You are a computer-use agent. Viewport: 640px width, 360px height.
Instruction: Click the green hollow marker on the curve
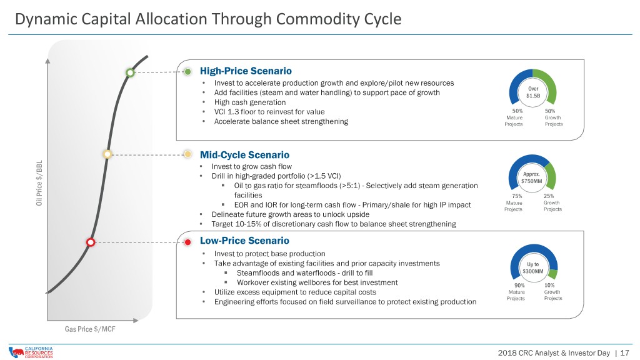tap(130, 72)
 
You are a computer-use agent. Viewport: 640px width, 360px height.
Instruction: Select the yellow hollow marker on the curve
tap(107, 154)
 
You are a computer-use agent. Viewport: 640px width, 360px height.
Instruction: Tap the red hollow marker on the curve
tap(91, 242)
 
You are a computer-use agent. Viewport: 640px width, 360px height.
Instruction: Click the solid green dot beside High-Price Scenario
tap(187, 72)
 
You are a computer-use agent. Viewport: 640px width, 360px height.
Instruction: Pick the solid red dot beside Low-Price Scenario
tap(187, 242)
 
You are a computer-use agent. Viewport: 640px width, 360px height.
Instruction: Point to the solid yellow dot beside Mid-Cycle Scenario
tap(187, 154)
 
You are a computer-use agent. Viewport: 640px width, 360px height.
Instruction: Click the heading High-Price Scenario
tap(246, 71)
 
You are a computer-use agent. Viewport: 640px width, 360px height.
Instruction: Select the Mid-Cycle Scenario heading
tap(244, 155)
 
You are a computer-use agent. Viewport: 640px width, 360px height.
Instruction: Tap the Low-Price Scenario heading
tap(244, 241)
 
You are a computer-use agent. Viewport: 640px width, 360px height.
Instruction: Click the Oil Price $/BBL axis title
tap(39, 183)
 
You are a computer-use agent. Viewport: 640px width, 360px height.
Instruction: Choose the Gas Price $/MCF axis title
tap(90, 329)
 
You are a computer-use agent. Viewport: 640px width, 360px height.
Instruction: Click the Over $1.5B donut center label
tap(533, 92)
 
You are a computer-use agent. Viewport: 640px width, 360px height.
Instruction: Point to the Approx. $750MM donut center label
tap(531, 177)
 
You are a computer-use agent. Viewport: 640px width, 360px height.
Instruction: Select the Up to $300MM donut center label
tap(533, 267)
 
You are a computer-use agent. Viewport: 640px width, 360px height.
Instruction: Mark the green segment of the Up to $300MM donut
tap(553, 274)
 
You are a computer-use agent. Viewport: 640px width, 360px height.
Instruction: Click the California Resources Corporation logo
tap(31, 352)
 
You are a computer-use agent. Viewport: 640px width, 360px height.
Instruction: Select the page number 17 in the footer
tap(624, 352)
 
